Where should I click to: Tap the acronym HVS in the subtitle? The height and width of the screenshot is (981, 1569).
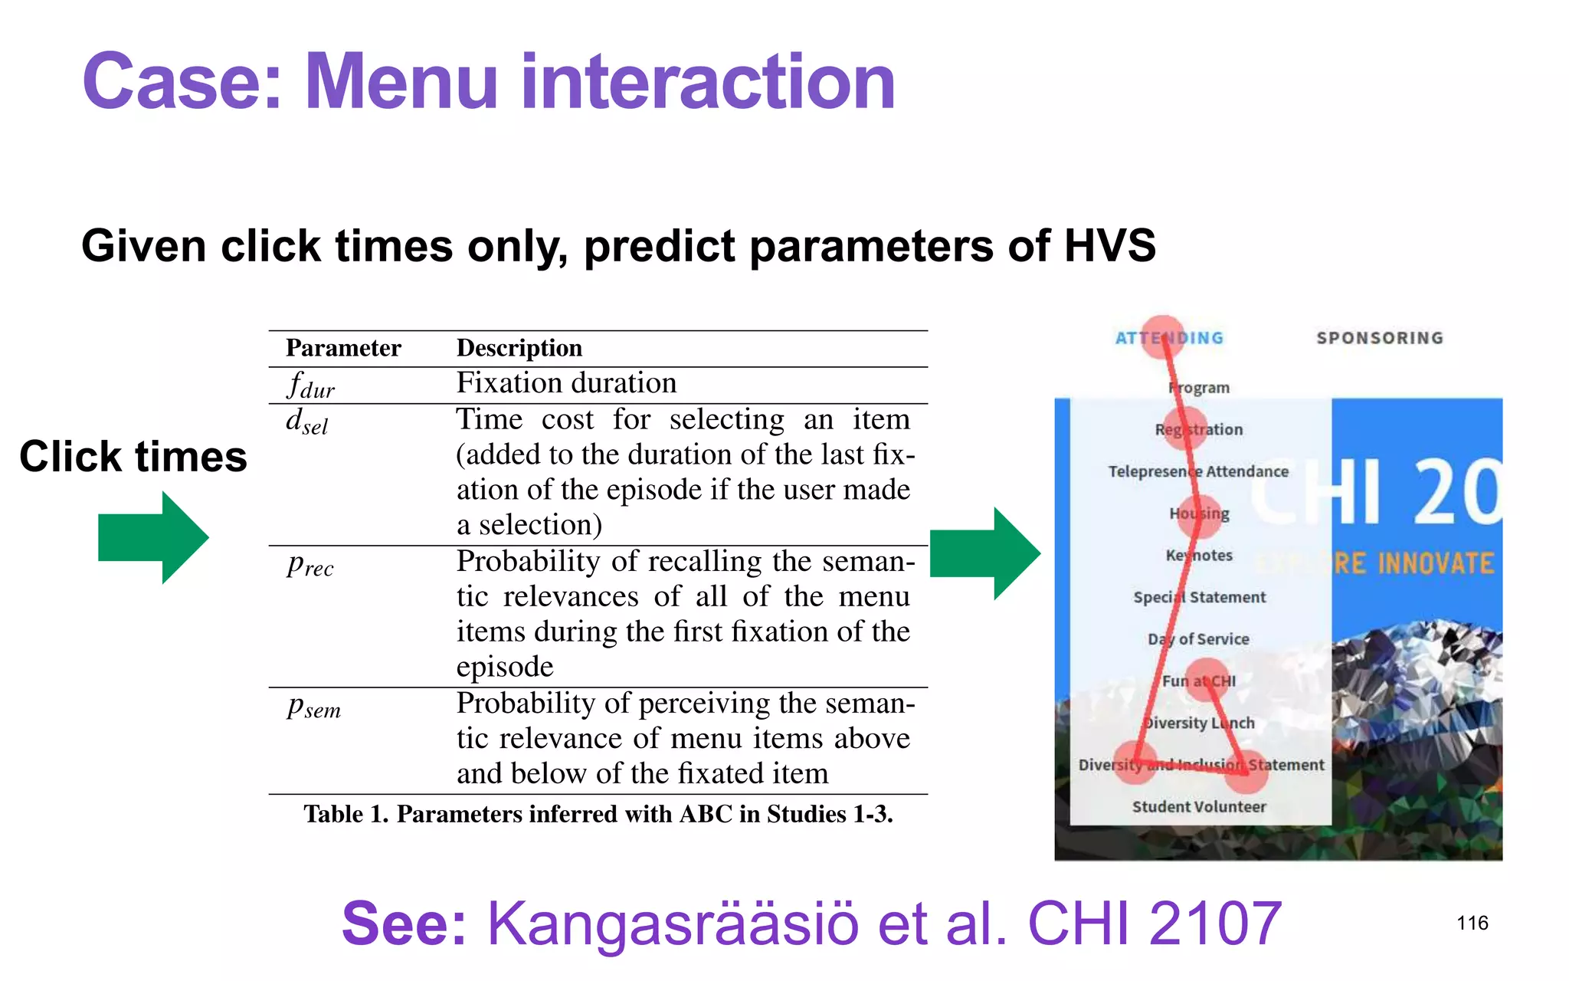pyautogui.click(x=1109, y=246)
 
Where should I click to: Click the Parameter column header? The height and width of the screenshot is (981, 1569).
pyautogui.click(x=343, y=349)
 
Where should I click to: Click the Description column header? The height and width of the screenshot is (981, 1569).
pyautogui.click(x=519, y=349)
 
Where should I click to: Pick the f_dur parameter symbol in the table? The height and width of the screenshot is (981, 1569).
pyautogui.click(x=310, y=385)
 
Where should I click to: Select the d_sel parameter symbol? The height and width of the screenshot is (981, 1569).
pyautogui.click(x=306, y=421)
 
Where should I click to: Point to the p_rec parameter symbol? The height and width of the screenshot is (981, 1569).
pyautogui.click(x=310, y=564)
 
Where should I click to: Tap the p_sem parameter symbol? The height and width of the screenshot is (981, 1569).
pyautogui.click(x=313, y=706)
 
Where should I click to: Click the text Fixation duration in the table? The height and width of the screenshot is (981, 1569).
pyautogui.click(x=566, y=383)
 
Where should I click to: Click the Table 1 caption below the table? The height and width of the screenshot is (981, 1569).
pyautogui.click(x=598, y=814)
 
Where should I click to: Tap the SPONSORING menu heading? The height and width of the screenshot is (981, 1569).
pyautogui.click(x=1380, y=338)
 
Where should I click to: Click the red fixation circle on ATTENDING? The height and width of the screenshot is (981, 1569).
pyautogui.click(x=1162, y=337)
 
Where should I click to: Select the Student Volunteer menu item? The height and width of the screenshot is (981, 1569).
pyautogui.click(x=1199, y=806)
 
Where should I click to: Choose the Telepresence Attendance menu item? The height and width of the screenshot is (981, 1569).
pyautogui.click(x=1198, y=471)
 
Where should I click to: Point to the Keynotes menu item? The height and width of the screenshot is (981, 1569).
pyautogui.click(x=1199, y=555)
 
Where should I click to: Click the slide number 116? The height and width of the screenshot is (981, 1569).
pyautogui.click(x=1472, y=923)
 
